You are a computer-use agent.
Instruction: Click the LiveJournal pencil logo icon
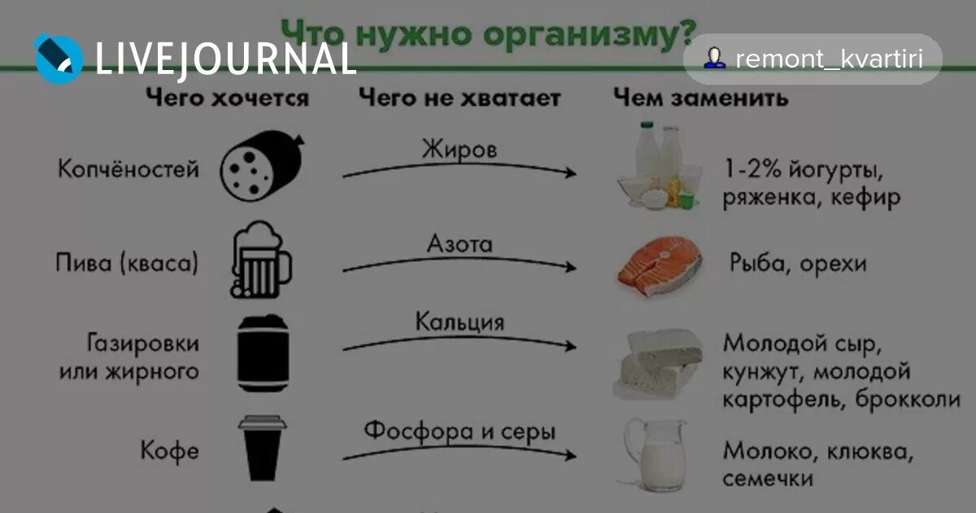pos(59,58)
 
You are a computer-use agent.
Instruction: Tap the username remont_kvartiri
pos(828,59)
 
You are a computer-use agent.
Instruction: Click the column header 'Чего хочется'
pos(227,99)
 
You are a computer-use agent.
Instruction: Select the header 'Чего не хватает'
pos(460,99)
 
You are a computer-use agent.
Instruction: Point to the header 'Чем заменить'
pos(700,99)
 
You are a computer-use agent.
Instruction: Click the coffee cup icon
pos(262,452)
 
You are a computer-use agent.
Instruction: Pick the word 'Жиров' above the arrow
pos(459,150)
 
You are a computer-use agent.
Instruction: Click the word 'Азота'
pos(460,243)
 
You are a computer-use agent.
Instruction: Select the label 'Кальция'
pos(460,322)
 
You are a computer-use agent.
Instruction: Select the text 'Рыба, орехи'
pos(797,264)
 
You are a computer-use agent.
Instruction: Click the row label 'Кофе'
pos(169,451)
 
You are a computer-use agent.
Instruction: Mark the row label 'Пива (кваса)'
pos(127,264)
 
